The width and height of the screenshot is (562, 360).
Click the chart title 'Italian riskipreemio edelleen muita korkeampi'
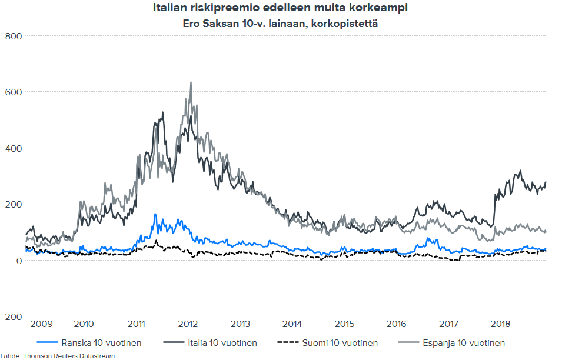[280, 9]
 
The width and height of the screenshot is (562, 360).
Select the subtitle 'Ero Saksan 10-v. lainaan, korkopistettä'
[280, 24]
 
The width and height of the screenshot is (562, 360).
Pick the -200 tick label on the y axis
[11, 316]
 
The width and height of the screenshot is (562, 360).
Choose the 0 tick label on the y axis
[19, 261]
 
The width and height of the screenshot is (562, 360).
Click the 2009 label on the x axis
[41, 324]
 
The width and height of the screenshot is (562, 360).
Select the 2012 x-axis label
[188, 324]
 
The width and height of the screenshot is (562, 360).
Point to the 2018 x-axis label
[500, 324]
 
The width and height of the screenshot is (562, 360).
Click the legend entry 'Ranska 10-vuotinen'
[101, 343]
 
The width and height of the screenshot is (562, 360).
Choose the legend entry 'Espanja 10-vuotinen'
[463, 343]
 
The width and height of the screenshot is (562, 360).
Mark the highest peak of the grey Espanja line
[191, 82]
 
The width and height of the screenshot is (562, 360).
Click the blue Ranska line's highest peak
[155, 214]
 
